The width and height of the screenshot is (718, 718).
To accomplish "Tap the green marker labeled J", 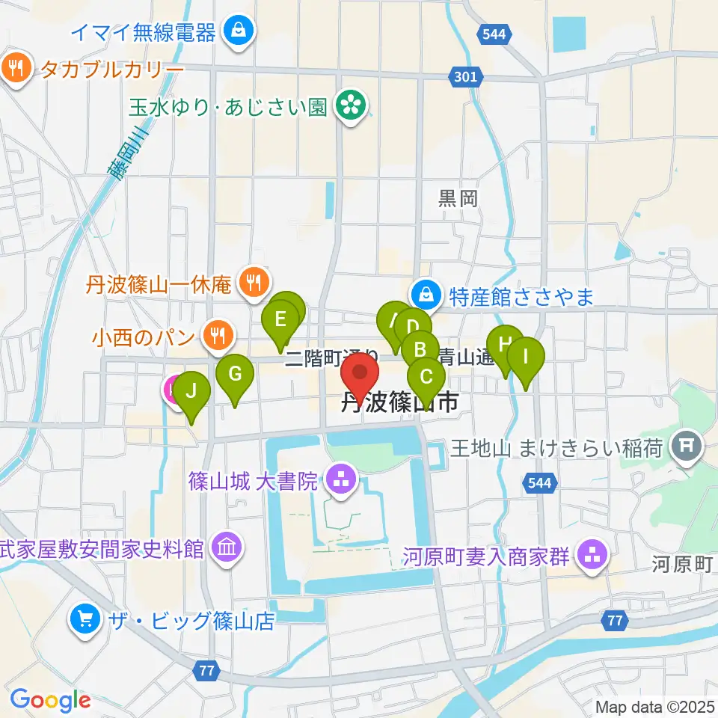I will click(x=192, y=391).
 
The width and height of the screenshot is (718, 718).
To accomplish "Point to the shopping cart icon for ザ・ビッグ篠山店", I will click(x=85, y=619).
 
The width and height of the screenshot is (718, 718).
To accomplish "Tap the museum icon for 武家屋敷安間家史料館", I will click(x=226, y=549).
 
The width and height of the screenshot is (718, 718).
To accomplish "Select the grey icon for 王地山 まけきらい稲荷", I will click(x=685, y=449).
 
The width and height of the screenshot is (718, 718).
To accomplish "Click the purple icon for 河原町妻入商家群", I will click(x=595, y=556).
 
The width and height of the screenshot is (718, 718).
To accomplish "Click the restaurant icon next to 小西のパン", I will click(x=218, y=334).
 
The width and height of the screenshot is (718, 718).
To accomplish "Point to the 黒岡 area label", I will click(x=458, y=198).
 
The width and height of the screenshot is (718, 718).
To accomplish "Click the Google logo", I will click(x=50, y=700).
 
